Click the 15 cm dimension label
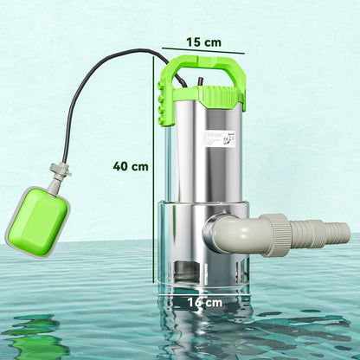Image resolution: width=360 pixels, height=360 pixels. point(204,42)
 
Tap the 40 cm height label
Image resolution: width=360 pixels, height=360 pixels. point(130,166)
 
